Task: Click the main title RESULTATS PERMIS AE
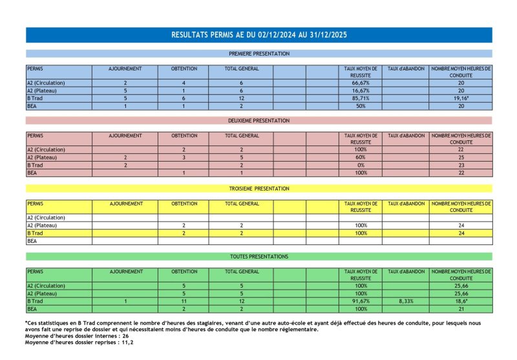pyautogui.click(x=258, y=34)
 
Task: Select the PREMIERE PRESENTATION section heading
pyautogui.click(x=258, y=54)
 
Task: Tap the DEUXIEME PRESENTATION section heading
pyautogui.click(x=258, y=121)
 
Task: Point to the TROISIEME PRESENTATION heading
pyautogui.click(x=258, y=189)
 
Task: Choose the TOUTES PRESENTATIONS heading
pyautogui.click(x=258, y=257)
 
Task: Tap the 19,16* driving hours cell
pyautogui.click(x=461, y=98)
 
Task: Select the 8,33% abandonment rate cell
pyautogui.click(x=406, y=301)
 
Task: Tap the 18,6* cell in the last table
pyautogui.click(x=461, y=301)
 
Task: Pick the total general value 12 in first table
pyautogui.click(x=241, y=98)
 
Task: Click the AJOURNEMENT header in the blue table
pyautogui.click(x=125, y=69)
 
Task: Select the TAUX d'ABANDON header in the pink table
pyautogui.click(x=406, y=136)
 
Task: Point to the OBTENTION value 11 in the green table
pyautogui.click(x=184, y=301)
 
